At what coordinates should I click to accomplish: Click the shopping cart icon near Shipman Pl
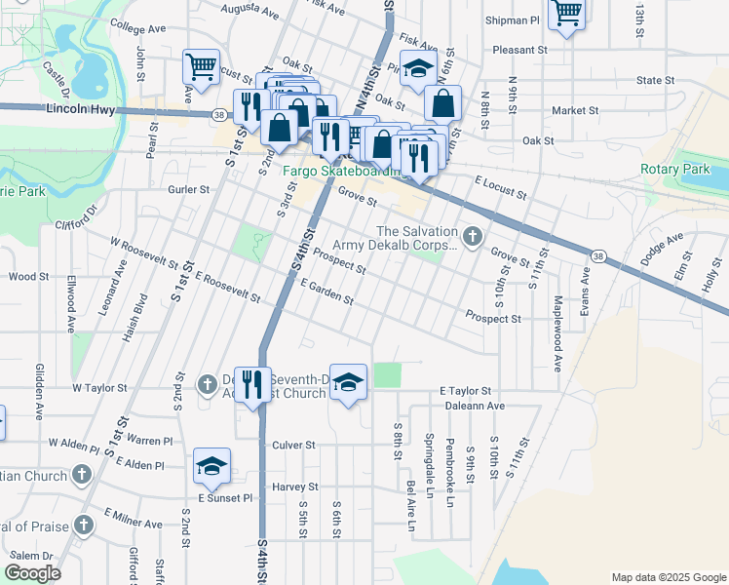click(x=565, y=14)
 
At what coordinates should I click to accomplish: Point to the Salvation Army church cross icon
click(x=473, y=236)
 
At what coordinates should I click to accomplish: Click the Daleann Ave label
click(x=471, y=405)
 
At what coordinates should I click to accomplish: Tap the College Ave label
click(x=140, y=25)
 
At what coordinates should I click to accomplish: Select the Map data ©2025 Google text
click(x=668, y=577)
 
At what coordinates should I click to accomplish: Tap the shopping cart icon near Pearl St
click(x=201, y=68)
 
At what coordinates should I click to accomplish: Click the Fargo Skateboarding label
click(x=342, y=172)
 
